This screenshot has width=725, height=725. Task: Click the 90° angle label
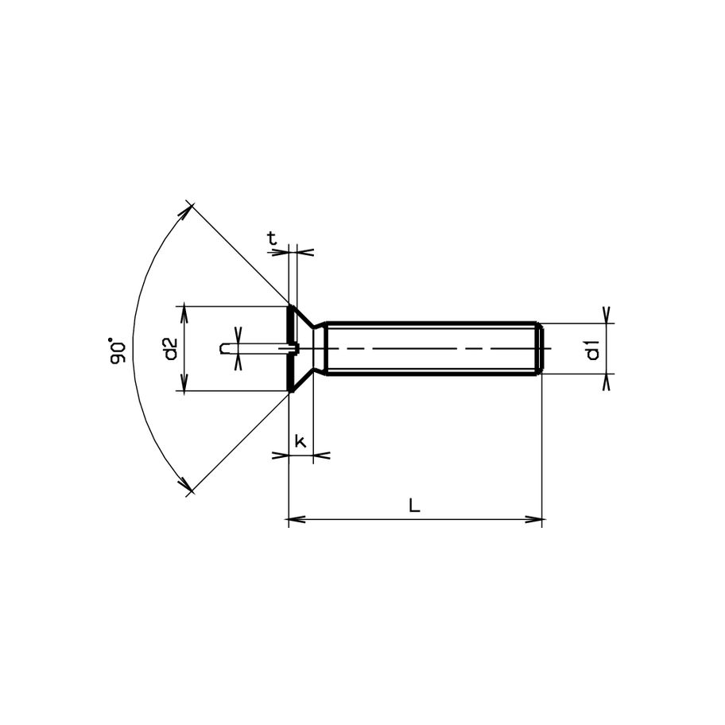[118, 351]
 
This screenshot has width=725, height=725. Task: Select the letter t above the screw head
[272, 237]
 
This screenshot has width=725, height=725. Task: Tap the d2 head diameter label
[169, 349]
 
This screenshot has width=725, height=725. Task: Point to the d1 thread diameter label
[592, 349]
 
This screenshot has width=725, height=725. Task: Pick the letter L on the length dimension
[414, 505]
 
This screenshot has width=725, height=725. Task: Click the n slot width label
[225, 348]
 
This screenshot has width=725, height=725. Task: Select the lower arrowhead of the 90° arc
[185, 486]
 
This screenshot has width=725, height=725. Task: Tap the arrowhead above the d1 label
[607, 315]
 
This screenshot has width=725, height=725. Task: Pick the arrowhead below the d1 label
[607, 382]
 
